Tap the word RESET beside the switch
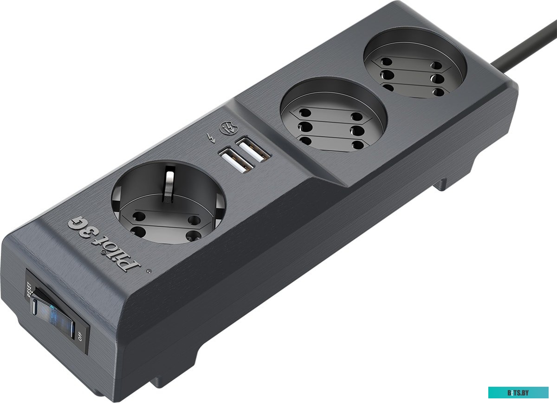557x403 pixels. pyautogui.click(x=29, y=289)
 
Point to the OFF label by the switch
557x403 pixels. pyautogui.click(x=80, y=336)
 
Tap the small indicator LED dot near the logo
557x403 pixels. pyautogui.click(x=149, y=271)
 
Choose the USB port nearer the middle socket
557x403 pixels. pyautogui.click(x=253, y=151)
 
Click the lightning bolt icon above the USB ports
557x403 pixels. pyautogui.click(x=211, y=138)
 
